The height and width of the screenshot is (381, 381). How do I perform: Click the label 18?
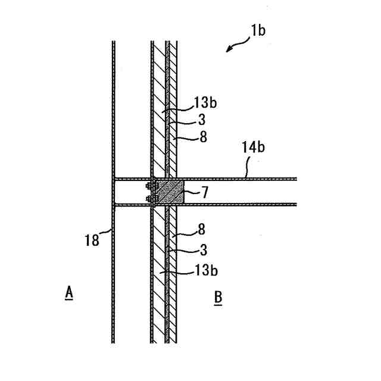click(92, 239)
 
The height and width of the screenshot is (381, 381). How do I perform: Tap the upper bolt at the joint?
click(149, 186)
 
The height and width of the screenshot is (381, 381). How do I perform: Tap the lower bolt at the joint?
click(149, 198)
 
